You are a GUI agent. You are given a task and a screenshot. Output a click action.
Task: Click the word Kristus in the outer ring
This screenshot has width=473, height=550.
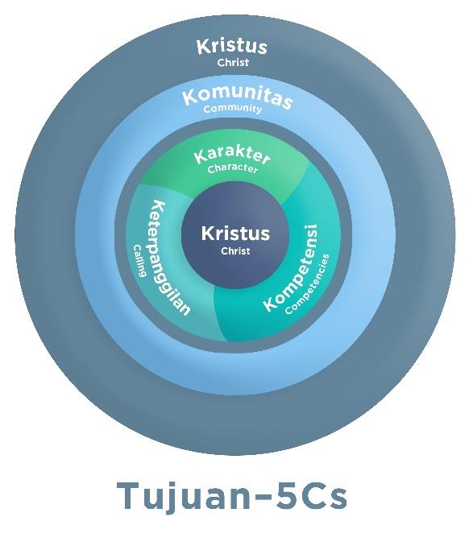(x=232, y=47)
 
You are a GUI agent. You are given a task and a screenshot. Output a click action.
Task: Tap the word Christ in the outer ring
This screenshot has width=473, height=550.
(x=233, y=63)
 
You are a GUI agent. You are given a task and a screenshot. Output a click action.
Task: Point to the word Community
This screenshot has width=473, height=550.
(x=233, y=109)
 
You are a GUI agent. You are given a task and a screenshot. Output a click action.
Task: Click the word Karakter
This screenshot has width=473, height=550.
(x=232, y=156)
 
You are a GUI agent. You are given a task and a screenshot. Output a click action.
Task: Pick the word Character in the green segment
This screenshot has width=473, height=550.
(x=233, y=168)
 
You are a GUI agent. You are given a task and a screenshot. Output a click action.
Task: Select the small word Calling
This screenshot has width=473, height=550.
(x=139, y=261)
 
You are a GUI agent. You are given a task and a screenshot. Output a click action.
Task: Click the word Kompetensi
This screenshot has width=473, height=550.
(x=291, y=268)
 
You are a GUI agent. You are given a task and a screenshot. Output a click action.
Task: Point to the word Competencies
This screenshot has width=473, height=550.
(x=308, y=284)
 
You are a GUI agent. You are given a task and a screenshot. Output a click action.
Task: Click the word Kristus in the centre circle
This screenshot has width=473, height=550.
(x=235, y=234)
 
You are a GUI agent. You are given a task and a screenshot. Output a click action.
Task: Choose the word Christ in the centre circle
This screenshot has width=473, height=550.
(x=235, y=251)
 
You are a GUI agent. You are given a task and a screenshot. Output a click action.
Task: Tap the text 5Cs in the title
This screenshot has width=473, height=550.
(x=311, y=496)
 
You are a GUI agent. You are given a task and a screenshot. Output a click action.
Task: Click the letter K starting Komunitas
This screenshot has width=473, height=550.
(x=190, y=97)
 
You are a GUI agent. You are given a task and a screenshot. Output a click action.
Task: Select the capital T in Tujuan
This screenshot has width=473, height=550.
(x=129, y=496)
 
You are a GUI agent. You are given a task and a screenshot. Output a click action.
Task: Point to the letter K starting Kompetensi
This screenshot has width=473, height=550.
(x=272, y=304)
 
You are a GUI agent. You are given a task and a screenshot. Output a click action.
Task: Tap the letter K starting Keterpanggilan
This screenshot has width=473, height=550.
(x=158, y=207)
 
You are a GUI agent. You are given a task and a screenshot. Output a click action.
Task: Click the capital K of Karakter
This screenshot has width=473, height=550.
(x=201, y=157)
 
